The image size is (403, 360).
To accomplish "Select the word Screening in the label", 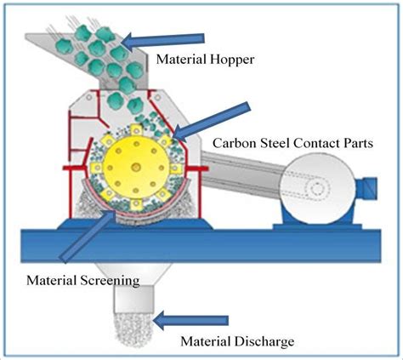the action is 110,281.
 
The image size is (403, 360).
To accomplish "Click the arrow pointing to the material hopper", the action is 164,41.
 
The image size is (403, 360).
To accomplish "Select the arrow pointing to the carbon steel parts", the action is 212,122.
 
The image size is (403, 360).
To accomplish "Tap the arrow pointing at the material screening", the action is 88,236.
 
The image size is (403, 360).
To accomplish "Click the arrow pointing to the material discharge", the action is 190,321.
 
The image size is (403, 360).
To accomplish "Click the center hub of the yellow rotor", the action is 136,167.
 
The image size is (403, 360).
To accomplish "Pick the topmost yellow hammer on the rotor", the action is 136,131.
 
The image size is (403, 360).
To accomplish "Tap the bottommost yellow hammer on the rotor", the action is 136,204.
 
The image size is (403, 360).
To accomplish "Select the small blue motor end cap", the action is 367,187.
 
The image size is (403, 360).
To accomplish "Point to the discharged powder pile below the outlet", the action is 133,329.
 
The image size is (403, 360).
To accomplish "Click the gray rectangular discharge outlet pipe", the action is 133,300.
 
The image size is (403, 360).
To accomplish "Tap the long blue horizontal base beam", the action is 201,246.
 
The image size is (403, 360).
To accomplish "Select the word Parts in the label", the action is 358,143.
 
